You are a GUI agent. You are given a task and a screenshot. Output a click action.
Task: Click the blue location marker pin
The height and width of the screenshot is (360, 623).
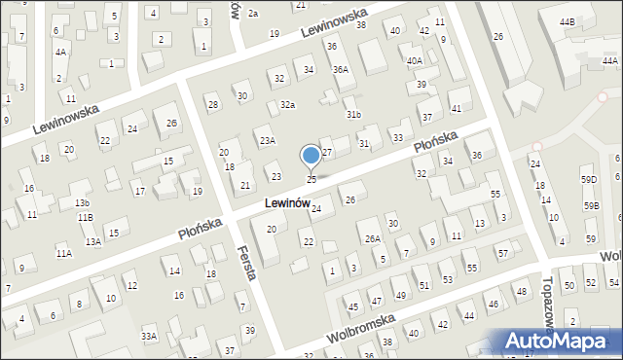click(311, 156)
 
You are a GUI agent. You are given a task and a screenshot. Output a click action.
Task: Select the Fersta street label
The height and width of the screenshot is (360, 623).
click(247, 263)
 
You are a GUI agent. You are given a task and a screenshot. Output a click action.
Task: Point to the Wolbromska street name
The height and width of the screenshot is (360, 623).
click(362, 325)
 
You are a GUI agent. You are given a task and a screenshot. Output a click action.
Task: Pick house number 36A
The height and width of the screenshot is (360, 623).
click(340, 69)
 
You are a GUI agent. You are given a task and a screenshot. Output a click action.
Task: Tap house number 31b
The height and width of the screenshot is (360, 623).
click(353, 115)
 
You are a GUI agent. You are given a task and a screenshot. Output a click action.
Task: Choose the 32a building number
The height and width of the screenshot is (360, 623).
click(287, 104)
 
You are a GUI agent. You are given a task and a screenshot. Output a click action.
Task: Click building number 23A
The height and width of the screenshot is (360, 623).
click(267, 141)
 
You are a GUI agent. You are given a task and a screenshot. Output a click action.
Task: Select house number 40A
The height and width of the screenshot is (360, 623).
click(415, 60)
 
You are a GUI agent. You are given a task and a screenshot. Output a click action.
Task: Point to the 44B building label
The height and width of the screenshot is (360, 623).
click(567, 20)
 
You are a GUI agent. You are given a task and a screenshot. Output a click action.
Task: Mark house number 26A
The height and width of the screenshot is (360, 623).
click(372, 238)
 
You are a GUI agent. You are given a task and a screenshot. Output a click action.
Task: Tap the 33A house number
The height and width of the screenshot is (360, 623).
click(148, 336)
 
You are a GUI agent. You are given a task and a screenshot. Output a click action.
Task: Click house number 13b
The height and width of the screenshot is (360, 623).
click(82, 202)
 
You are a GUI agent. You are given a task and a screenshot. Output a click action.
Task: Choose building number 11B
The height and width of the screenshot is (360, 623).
click(86, 217)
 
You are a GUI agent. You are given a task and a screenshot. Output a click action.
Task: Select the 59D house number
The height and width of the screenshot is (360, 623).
click(589, 180)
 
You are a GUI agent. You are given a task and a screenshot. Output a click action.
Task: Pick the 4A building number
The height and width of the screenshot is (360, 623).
click(60, 52)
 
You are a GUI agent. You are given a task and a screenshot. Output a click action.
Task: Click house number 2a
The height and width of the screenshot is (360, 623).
click(252, 13)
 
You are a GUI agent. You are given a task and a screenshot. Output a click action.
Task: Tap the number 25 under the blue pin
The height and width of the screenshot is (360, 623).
click(311, 179)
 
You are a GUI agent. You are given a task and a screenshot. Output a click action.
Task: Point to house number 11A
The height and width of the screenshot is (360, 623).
click(63, 253)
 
